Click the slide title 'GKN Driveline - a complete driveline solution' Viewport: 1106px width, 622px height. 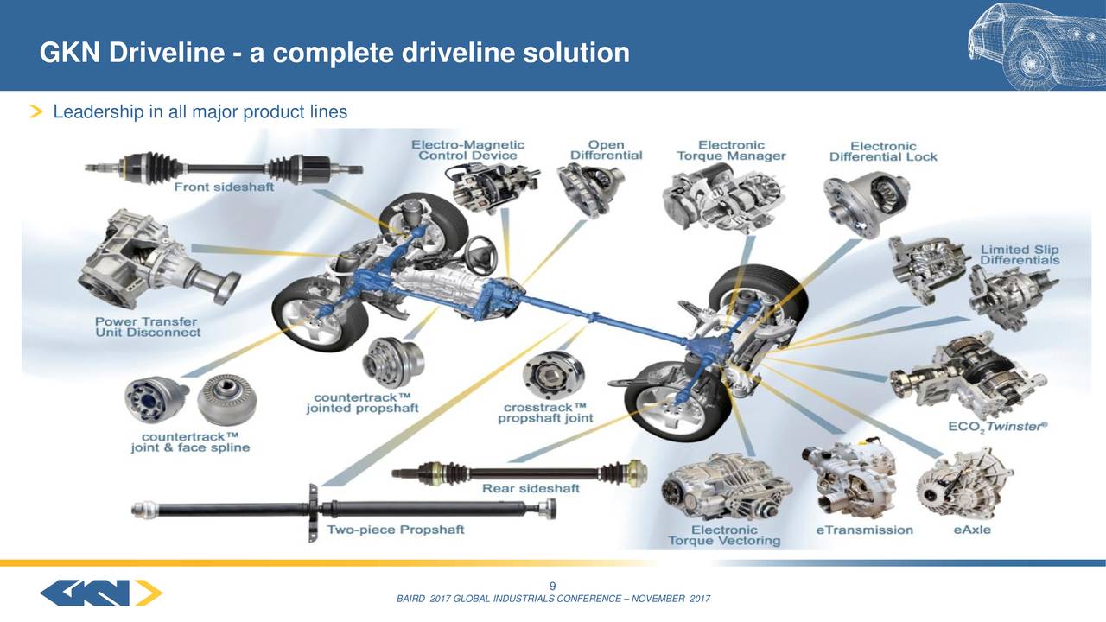pos(334,54)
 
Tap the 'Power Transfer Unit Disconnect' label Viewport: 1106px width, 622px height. pos(148,326)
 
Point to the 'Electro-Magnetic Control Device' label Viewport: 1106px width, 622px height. pos(467,149)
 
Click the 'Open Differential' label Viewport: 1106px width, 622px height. pos(606,149)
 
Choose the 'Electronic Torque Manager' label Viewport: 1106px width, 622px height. pos(731,150)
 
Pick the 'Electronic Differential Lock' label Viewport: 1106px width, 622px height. pos(883,151)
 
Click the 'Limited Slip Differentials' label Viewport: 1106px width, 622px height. pos(1020,255)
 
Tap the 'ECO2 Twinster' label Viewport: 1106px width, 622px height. pos(998,426)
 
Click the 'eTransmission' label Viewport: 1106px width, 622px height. pos(864,530)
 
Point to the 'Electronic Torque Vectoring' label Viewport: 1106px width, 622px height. pos(724,535)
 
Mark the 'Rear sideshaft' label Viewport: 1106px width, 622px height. pos(531,488)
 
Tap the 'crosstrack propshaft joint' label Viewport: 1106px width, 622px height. pos(548,412)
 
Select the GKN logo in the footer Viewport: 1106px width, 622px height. pos(101,593)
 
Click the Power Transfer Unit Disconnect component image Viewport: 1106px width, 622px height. pos(151,259)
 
